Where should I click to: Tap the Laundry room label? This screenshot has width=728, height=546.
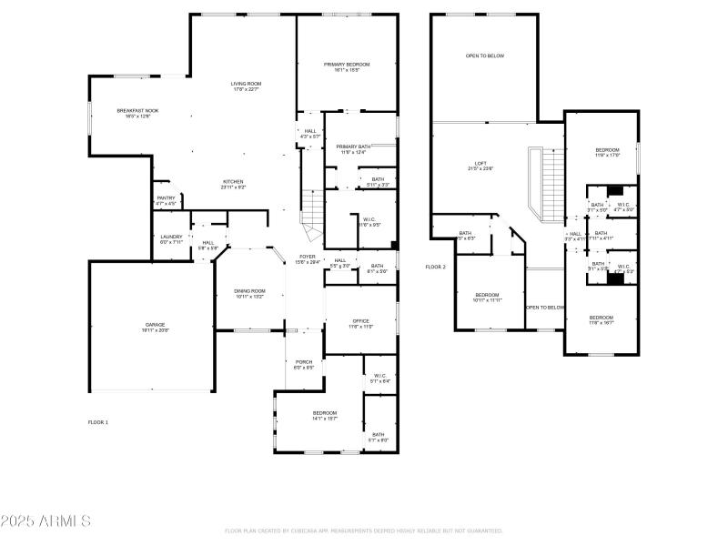[172, 239]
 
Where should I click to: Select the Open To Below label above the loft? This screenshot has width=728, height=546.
[485, 56]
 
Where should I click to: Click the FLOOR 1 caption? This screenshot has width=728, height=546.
[97, 422]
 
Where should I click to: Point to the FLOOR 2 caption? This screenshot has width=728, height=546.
[436, 267]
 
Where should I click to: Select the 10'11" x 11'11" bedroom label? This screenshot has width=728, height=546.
[488, 297]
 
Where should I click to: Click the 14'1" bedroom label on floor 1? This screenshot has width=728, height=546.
[325, 415]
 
